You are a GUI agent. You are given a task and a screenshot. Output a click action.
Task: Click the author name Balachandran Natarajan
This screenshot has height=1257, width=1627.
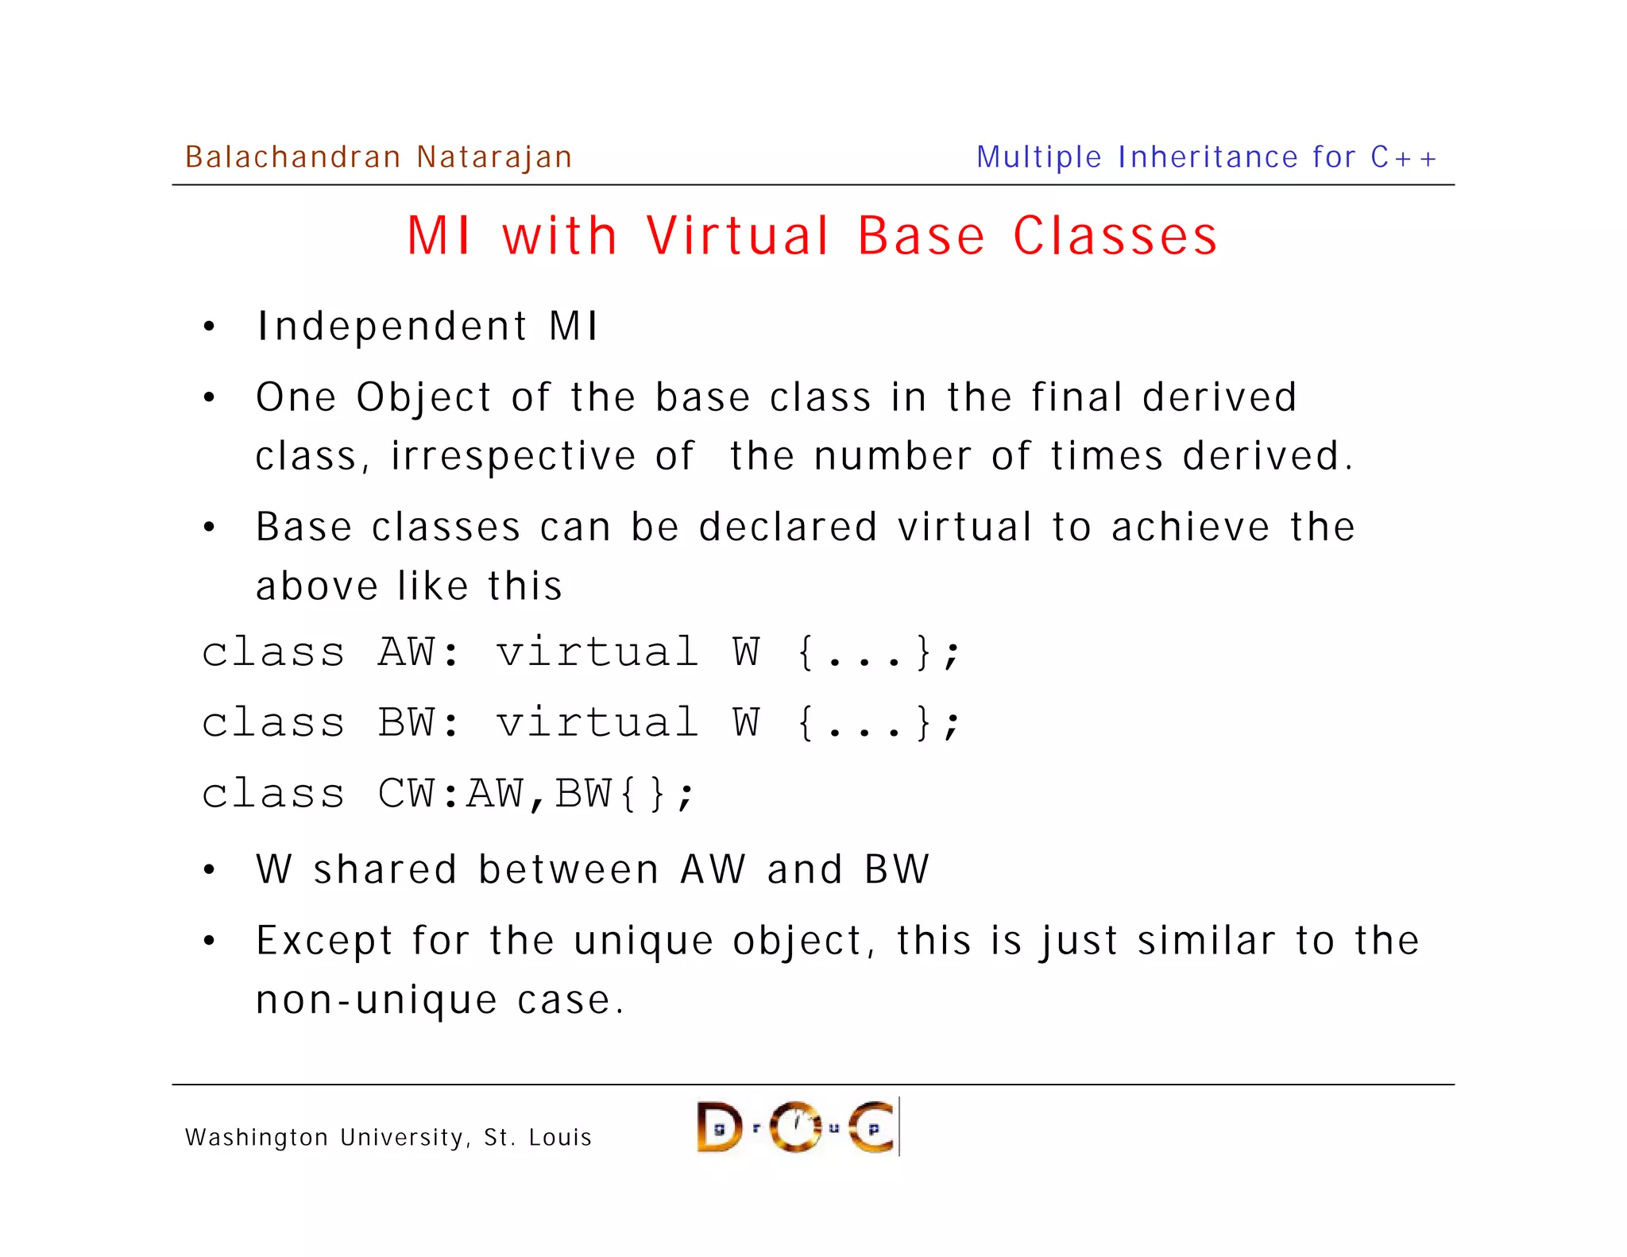click(x=378, y=157)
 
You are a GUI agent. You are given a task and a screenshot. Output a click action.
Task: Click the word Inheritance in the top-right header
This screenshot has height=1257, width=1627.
click(x=1208, y=157)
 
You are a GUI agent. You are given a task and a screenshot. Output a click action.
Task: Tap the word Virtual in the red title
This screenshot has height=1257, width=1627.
click(x=738, y=236)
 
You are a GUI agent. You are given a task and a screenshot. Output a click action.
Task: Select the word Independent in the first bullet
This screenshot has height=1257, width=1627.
click(x=392, y=327)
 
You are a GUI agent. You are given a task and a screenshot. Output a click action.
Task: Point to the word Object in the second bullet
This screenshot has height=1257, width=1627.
click(x=423, y=398)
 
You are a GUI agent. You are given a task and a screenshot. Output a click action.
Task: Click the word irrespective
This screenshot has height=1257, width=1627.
click(x=513, y=457)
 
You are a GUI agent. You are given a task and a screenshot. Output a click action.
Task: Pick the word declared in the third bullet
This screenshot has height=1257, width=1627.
click(x=788, y=527)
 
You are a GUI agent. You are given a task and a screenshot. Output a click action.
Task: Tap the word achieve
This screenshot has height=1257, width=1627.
click(x=1190, y=527)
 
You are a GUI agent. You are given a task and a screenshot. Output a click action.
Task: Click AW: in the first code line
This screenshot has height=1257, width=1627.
click(x=419, y=652)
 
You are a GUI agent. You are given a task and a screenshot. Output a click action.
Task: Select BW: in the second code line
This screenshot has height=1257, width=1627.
click(x=419, y=723)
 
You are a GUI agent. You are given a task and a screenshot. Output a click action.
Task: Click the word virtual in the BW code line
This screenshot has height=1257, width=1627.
click(x=597, y=723)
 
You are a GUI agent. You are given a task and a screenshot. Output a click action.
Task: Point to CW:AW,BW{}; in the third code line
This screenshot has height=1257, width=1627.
click(x=536, y=794)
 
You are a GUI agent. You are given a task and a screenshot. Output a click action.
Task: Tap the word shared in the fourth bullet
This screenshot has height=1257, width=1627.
click(x=385, y=869)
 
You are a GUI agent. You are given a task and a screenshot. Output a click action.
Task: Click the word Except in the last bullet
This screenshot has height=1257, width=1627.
click(x=324, y=942)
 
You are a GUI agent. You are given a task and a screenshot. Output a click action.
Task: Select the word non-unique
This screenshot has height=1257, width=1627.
click(x=376, y=1000)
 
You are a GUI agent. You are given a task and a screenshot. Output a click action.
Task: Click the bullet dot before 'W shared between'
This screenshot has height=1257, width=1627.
click(x=209, y=870)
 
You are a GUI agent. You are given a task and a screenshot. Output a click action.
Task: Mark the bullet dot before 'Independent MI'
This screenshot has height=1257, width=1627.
click(x=209, y=327)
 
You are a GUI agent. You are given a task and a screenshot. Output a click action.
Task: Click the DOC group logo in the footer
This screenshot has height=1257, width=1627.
click(x=798, y=1127)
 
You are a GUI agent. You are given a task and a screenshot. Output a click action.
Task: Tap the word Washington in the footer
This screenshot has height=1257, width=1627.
click(x=257, y=1138)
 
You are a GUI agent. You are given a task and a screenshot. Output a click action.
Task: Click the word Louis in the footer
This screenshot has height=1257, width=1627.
click(x=560, y=1138)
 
